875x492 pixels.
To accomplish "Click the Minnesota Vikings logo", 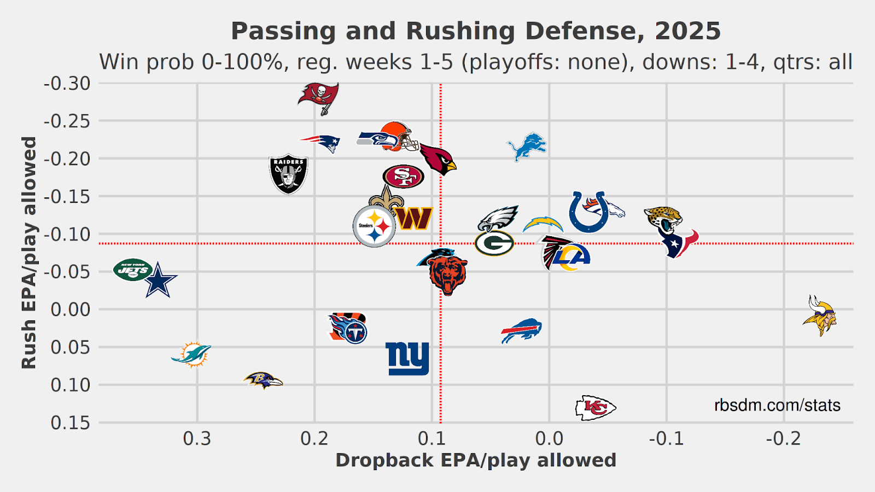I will coord(819,316).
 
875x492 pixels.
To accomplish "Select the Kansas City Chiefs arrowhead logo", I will coord(595,407).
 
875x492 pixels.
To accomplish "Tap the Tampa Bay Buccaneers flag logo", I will coord(319,97).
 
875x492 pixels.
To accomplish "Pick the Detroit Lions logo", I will coord(527,147).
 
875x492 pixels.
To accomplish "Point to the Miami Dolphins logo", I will coord(191,354).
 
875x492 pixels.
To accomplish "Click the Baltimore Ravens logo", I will coord(263,380).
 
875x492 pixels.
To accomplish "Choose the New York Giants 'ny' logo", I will coord(407,359).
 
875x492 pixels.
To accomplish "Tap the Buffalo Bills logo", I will coord(521,330).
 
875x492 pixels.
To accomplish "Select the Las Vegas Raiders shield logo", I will coord(288,174).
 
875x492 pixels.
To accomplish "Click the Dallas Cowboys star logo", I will coord(159,280).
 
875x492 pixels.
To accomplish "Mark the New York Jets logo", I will coord(132,270).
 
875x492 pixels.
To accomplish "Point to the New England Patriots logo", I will coord(321,143).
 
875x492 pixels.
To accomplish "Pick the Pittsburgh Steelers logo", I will coord(374,226).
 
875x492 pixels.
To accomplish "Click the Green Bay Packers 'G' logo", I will coord(494,243).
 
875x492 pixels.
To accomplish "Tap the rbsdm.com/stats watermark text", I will coord(777,405).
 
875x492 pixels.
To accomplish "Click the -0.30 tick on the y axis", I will coord(67,84).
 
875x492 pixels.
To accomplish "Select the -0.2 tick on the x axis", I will coord(783,438).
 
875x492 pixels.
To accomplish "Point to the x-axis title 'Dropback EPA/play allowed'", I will coord(476,460).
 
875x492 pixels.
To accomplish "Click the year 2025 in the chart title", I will coord(688,31).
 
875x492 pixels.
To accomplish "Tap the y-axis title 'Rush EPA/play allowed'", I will coord(28,252).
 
